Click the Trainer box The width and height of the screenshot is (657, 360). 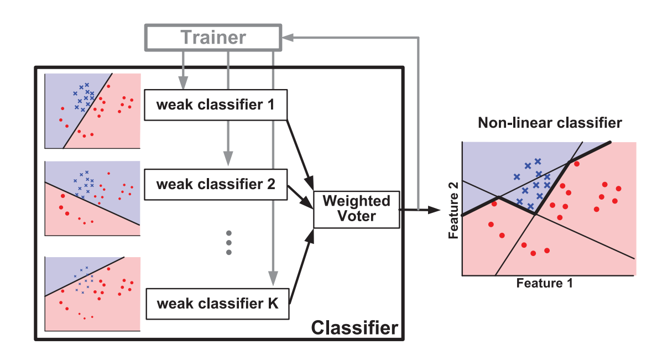tap(213, 38)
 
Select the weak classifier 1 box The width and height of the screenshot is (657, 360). tap(216, 105)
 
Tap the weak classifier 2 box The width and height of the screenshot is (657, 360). tap(216, 184)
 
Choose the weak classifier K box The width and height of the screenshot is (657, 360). tap(217, 304)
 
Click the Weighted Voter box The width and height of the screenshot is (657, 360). tap(357, 210)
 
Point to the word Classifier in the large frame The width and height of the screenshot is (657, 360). tap(354, 328)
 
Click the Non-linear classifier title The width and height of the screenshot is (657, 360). tap(550, 123)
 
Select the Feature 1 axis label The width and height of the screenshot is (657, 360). tap(544, 283)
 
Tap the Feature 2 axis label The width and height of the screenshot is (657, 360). tap(453, 210)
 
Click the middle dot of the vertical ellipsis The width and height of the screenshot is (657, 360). tap(229, 243)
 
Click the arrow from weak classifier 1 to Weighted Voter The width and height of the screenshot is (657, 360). tap(300, 155)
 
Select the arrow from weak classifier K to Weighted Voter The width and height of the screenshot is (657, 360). tap(301, 266)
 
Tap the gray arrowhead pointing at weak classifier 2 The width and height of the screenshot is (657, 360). tap(228, 159)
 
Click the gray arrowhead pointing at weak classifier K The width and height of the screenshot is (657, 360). tap(273, 278)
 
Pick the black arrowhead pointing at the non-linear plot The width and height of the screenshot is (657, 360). tap(435, 210)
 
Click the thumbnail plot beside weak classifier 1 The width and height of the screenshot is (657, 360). tap(92, 111)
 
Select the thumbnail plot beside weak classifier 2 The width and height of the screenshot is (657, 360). tap(92, 199)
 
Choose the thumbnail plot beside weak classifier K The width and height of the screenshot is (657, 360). tap(92, 294)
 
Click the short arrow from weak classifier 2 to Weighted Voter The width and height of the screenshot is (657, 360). tap(300, 197)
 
